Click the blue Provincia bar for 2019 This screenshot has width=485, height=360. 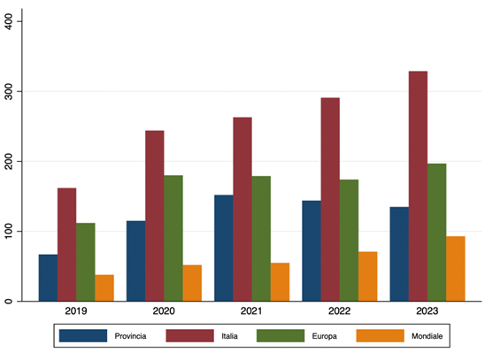click(x=49, y=278)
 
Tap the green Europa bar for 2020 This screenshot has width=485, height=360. click(x=173, y=238)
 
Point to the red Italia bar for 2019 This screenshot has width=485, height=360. click(x=67, y=244)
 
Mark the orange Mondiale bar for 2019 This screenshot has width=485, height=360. click(x=104, y=288)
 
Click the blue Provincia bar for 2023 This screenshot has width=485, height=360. click(x=399, y=254)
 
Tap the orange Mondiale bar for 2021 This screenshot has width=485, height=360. click(x=280, y=282)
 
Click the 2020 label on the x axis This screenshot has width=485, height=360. click(x=164, y=311)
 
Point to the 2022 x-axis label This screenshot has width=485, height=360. click(x=340, y=311)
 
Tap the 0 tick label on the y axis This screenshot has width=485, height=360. click(x=19, y=302)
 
